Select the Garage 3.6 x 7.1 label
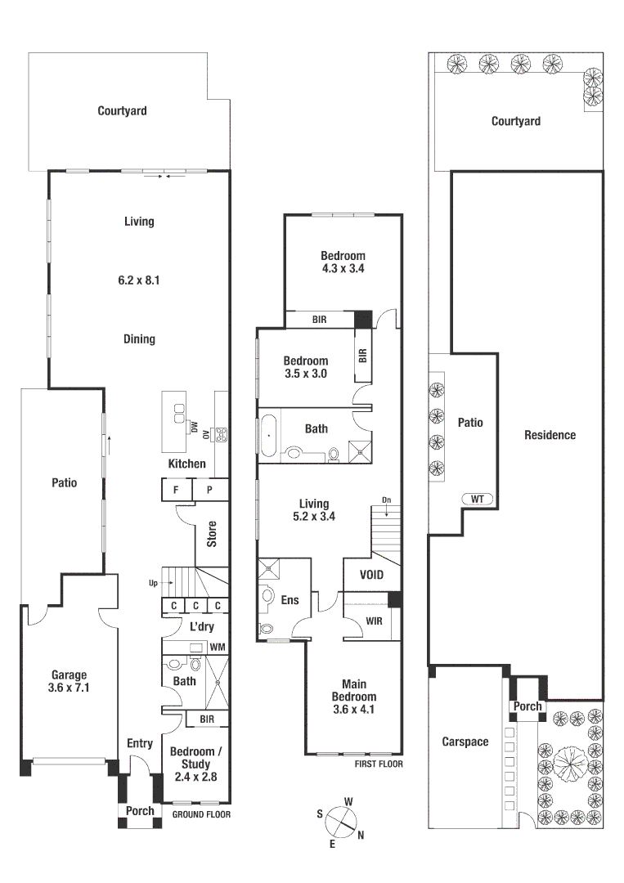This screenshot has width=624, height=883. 70,681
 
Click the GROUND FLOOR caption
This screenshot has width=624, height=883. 201,814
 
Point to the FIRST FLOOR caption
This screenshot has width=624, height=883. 379,764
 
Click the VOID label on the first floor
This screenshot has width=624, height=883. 371,575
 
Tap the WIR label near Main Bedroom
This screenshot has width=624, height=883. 374,621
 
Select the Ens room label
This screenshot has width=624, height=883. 290,600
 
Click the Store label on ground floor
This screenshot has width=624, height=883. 212,534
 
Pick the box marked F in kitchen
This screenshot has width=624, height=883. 175,490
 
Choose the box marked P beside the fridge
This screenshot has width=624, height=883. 209,490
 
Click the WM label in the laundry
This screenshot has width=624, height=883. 217,648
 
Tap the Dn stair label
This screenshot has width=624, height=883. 386,500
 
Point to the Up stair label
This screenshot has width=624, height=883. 153,583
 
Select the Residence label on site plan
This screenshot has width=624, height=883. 550,435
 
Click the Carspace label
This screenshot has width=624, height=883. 465,742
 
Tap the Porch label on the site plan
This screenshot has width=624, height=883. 527,706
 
